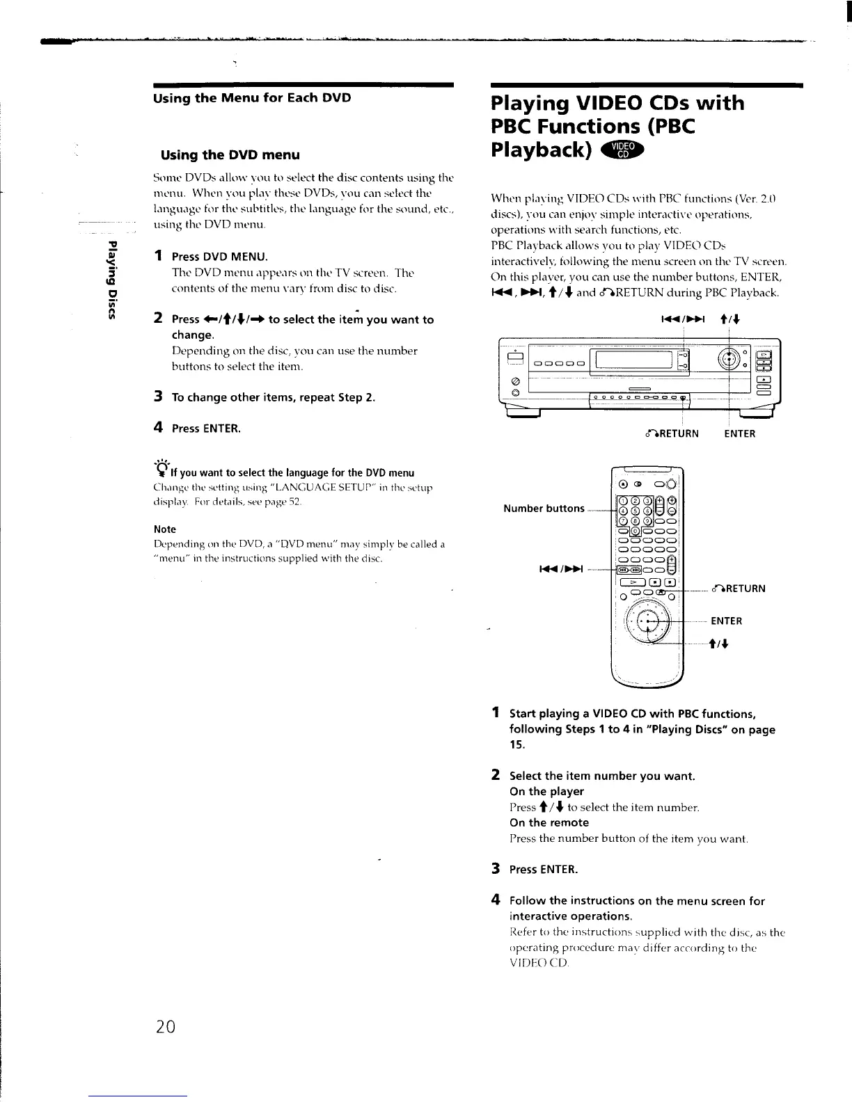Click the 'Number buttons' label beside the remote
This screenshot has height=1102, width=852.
pyautogui.click(x=544, y=509)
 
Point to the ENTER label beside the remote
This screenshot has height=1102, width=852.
pyautogui.click(x=726, y=621)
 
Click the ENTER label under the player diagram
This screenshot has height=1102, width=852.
pyautogui.click(x=739, y=433)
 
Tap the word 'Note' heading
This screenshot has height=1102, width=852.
pyautogui.click(x=165, y=529)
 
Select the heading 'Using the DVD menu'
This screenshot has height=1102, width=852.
pyautogui.click(x=230, y=154)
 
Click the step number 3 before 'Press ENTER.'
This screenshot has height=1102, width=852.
pyautogui.click(x=496, y=869)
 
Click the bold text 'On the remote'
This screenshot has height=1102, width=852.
pyautogui.click(x=549, y=822)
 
